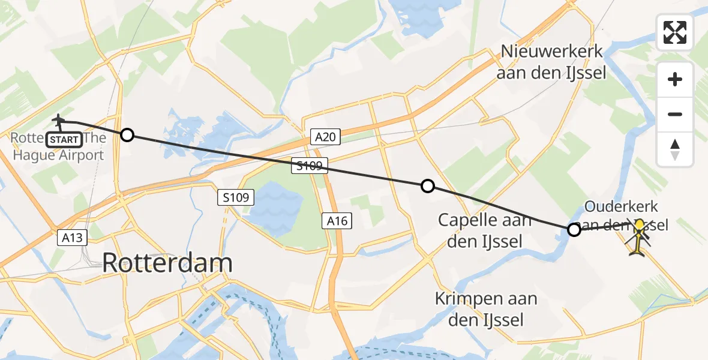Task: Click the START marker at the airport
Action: point(63,140)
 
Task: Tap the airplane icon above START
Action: point(59,121)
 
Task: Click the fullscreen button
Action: point(675,32)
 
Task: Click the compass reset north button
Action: point(675,149)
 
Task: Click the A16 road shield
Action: point(337,221)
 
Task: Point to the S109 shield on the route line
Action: point(310,166)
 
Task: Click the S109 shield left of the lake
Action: point(236,197)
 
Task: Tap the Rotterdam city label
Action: point(167,263)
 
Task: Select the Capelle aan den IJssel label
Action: point(485,230)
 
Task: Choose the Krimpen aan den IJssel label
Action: point(486,308)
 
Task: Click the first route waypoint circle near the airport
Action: point(127,134)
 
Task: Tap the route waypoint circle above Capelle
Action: point(428,186)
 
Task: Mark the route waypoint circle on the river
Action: point(574,229)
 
